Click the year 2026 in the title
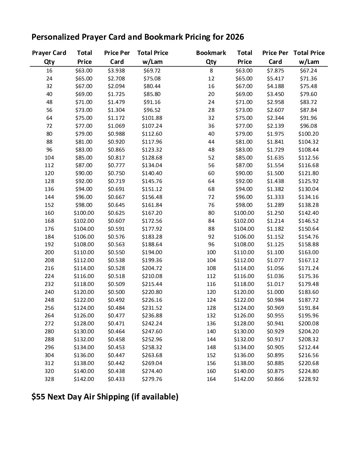235,37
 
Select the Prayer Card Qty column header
49,57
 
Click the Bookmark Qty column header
211,57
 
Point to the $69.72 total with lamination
152,70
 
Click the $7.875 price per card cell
275,70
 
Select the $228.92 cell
308,379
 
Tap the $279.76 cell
152,379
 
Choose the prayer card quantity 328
49,379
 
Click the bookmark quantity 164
211,379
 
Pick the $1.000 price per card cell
275,292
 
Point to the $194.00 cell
152,252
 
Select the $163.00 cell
308,252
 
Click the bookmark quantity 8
211,70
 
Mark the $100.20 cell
308,134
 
